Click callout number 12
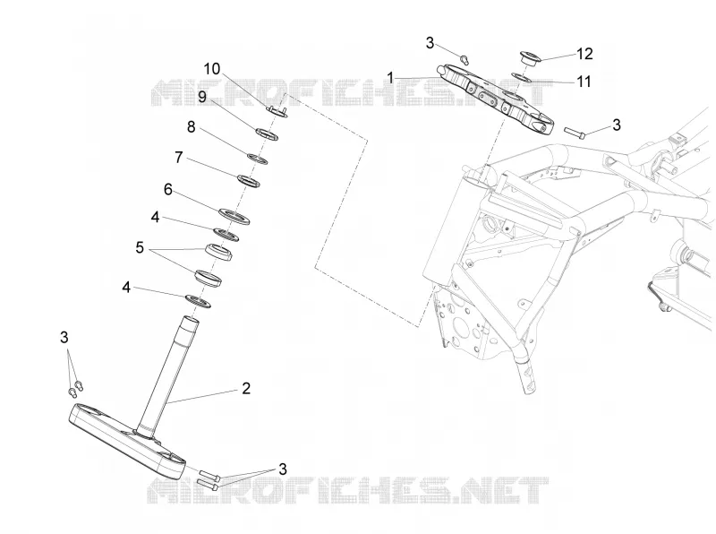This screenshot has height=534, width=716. pos(584,54)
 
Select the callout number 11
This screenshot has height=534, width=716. pos(584,82)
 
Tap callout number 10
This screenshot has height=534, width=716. pos(211,69)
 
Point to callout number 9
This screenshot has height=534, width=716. pos(202,97)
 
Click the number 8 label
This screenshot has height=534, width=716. pos(192,126)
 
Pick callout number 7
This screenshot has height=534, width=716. pos(178,158)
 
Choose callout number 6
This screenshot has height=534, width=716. pos(168,189)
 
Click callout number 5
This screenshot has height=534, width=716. pos(140,248)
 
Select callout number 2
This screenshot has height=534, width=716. pos(246,389)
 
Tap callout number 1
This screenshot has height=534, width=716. pos(390,78)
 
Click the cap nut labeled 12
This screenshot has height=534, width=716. pos(530,58)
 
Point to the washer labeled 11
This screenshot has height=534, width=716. pos(520,76)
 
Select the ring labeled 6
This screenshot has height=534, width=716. pos(234,216)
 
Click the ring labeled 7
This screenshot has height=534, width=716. pos(249,181)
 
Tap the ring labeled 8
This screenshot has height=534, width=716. pos(257,159)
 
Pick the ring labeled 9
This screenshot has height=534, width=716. pos(267,134)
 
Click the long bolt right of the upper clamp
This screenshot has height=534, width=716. pos(575,132)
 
